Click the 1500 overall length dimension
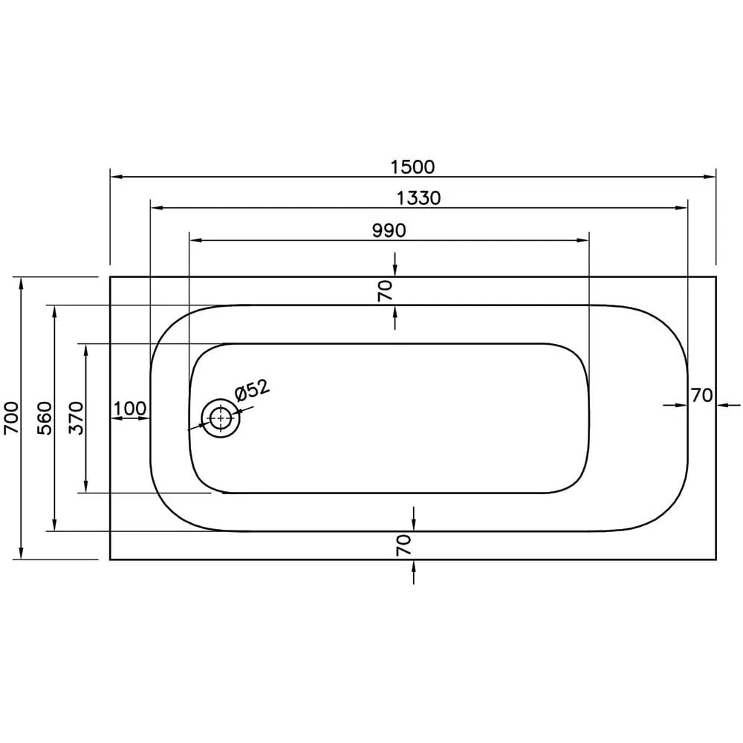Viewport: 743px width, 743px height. coord(412,166)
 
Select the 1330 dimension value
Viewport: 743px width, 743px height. coord(418,198)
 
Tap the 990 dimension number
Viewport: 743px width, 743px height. coord(389,231)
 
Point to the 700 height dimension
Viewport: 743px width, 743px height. coord(11,418)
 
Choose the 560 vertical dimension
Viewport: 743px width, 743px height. coord(45,418)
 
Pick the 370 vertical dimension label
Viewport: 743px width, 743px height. coord(77,418)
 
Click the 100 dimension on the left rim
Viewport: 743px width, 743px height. coord(130,408)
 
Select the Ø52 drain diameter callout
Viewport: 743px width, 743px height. coord(253,390)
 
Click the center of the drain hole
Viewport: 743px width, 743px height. coord(221,418)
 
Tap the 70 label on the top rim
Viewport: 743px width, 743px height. coord(386,291)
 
